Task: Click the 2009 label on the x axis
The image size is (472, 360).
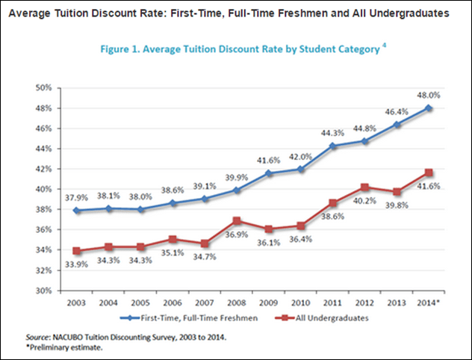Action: pyautogui.click(x=266, y=303)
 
